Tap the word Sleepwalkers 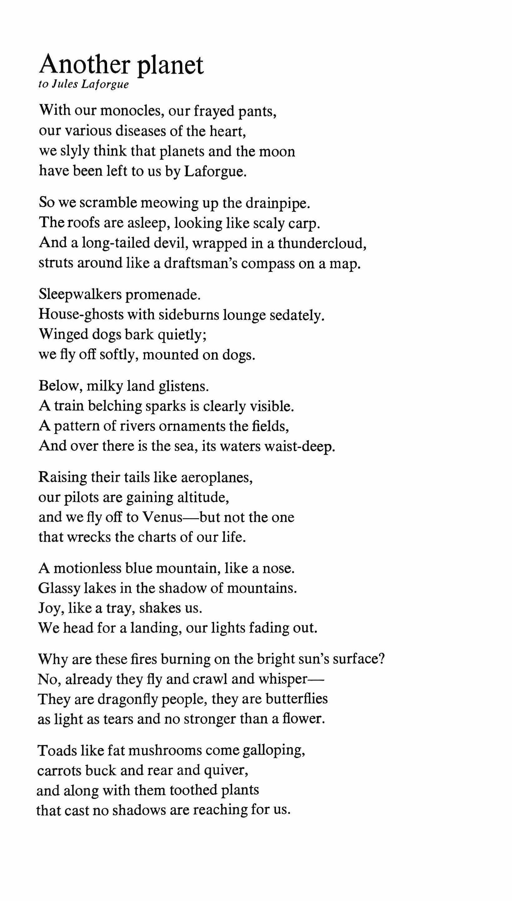pyautogui.click(x=80, y=294)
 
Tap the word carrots pyautogui.click(x=56, y=771)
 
